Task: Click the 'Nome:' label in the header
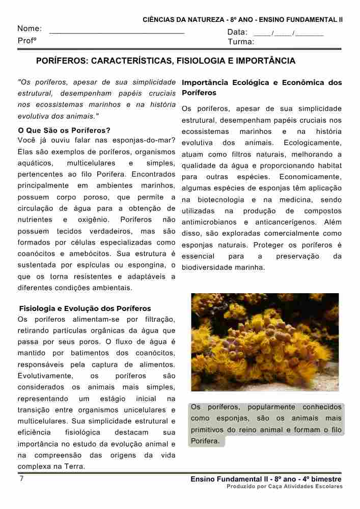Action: (x=30, y=29)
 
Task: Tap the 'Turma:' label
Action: (x=241, y=42)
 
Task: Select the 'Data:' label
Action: (x=237, y=32)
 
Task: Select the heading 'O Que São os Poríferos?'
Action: (x=64, y=130)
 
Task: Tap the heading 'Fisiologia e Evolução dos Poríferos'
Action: (x=85, y=308)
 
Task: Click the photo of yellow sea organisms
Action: (x=265, y=342)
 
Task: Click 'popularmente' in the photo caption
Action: (x=271, y=407)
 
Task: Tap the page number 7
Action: (x=21, y=479)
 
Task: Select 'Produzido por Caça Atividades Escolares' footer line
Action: (x=285, y=487)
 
